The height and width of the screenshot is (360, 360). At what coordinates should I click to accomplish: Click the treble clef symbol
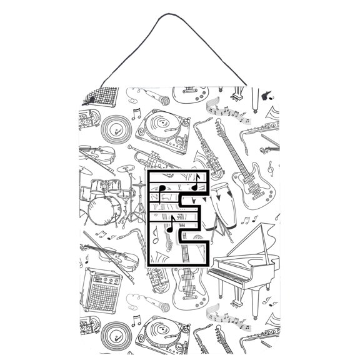(x=270, y=167)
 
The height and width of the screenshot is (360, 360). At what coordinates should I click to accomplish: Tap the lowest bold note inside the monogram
(x=170, y=225)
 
